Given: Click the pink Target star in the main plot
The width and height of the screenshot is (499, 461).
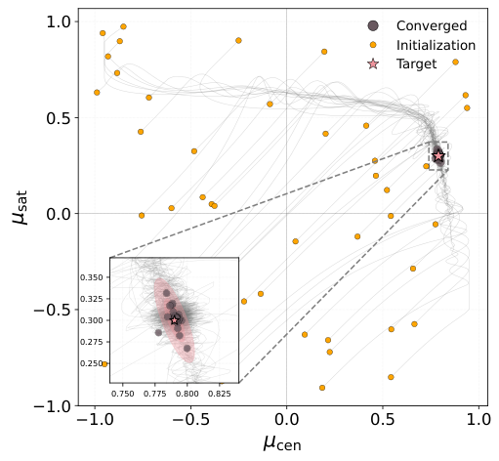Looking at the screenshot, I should pyautogui.click(x=438, y=155).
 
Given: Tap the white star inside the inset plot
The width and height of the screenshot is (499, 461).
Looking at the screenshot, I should pyautogui.click(x=175, y=319).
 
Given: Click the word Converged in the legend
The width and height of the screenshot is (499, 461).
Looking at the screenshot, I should pyautogui.click(x=425, y=25).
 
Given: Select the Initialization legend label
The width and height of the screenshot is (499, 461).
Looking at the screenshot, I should pyautogui.click(x=436, y=45).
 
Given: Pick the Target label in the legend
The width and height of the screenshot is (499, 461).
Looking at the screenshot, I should pyautogui.click(x=416, y=64).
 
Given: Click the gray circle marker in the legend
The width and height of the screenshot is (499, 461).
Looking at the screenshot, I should pyautogui.click(x=372, y=25).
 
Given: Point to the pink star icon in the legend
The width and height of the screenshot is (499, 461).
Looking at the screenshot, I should pyautogui.click(x=372, y=64).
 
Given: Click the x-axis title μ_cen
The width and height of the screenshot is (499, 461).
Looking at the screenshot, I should pyautogui.click(x=284, y=442).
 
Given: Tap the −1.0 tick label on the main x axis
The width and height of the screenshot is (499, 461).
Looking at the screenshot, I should pyautogui.click(x=94, y=418).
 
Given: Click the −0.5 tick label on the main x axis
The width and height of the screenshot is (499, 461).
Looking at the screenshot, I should pyautogui.click(x=189, y=418).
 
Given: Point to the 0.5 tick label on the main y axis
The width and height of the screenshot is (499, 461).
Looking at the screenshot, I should pyautogui.click(x=58, y=117).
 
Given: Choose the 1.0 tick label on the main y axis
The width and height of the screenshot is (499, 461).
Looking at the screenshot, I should pyautogui.click(x=58, y=21).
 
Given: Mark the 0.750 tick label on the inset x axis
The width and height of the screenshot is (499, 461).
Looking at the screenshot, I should pyautogui.click(x=123, y=392).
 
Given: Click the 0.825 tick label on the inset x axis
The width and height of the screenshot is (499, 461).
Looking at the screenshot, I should pyautogui.click(x=220, y=392).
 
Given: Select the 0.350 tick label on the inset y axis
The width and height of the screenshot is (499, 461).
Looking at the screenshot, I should pyautogui.click(x=92, y=277).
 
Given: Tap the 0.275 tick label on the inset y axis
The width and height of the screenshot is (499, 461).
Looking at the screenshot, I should pyautogui.click(x=92, y=342).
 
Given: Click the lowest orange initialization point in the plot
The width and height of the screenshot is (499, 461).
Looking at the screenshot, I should pyautogui.click(x=322, y=388).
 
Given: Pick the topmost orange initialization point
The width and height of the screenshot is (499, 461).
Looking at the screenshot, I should pyautogui.click(x=123, y=26).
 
